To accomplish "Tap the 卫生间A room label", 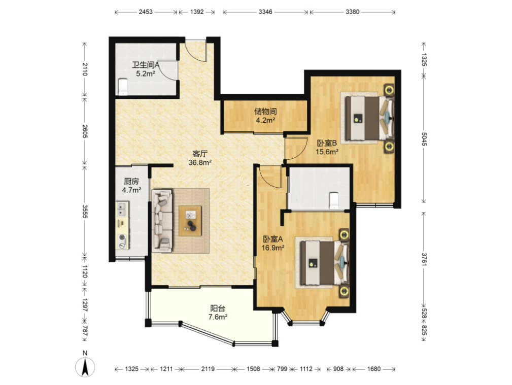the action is pos(145,64).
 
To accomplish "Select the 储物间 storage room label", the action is pos(265,112).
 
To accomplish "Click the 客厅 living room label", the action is pos(200,154).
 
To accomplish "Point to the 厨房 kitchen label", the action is pos(131,181).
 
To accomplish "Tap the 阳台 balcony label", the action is pos(218,308).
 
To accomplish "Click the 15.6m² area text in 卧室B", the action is pos(326,152).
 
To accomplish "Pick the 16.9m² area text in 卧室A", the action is pos(272,248).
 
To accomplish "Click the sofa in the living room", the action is pos(162,221).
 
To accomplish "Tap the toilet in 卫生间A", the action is pos(123,87).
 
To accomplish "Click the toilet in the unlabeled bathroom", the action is pos(334,200).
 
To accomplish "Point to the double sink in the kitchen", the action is pos(122,209).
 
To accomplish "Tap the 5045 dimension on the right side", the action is pos(424,139).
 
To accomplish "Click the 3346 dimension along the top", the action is pos(265,12).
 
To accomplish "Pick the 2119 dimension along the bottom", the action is pos(208,369).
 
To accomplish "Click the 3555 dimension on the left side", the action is pos(85,212).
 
